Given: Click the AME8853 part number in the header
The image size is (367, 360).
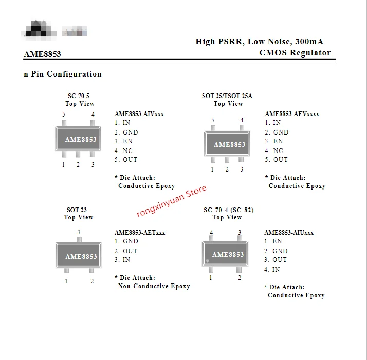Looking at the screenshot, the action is [42, 54].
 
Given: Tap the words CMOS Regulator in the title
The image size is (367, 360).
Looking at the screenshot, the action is [295, 53].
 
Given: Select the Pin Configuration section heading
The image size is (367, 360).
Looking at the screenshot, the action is [63, 74].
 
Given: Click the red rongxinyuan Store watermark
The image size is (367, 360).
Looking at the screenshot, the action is [171, 200].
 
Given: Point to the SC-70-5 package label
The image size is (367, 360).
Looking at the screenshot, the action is [79, 96].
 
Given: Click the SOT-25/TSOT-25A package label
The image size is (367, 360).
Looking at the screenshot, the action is [227, 96].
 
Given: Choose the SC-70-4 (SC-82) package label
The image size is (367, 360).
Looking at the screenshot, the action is [228, 210].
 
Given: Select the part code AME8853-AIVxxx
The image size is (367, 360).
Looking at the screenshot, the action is [139, 114].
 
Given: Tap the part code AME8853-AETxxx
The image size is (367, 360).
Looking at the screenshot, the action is [140, 233].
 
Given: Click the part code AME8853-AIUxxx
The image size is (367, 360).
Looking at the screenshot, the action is [289, 233].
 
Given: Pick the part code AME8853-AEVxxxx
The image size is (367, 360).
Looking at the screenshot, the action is [292, 114].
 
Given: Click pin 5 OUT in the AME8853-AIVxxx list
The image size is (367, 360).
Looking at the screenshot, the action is [126, 160].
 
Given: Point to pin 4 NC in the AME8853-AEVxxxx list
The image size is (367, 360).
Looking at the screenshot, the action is [274, 151].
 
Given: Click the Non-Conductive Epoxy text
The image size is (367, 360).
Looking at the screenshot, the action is [154, 286].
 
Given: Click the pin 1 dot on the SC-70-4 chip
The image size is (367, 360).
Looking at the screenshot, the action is [208, 261].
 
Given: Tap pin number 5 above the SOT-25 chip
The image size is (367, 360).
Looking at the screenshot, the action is [213, 120].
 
